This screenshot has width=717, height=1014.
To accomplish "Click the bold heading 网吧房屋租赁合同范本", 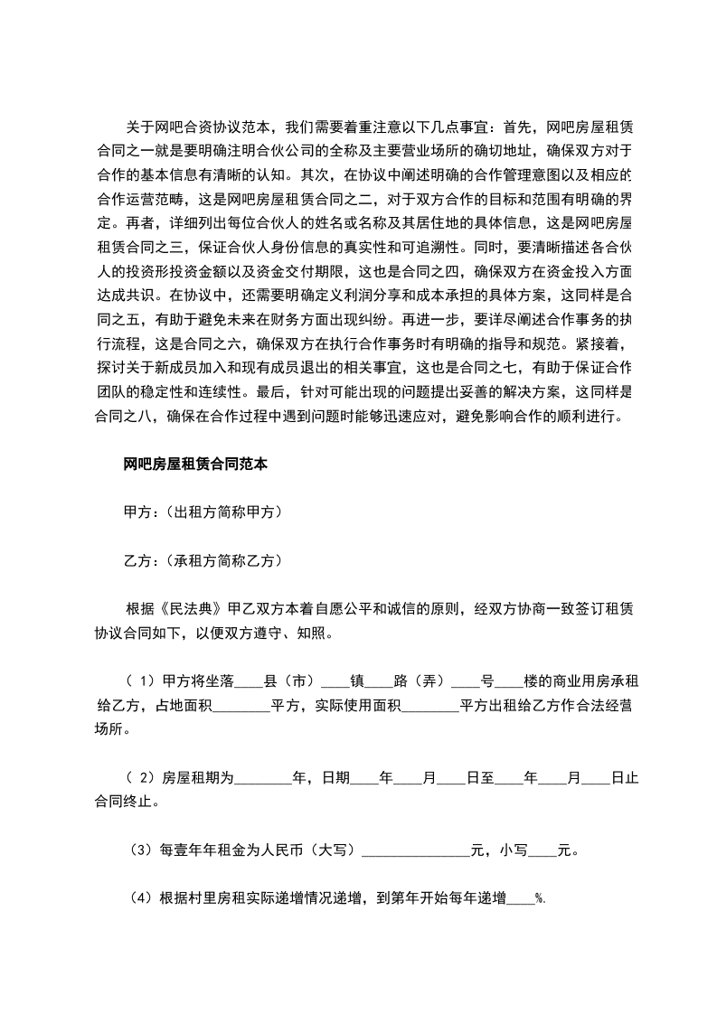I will pyautogui.click(x=193, y=465).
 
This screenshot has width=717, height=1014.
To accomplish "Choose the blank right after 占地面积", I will pyautogui.click(x=241, y=705).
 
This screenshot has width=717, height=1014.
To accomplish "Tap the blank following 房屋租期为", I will pyautogui.click(x=264, y=777).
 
